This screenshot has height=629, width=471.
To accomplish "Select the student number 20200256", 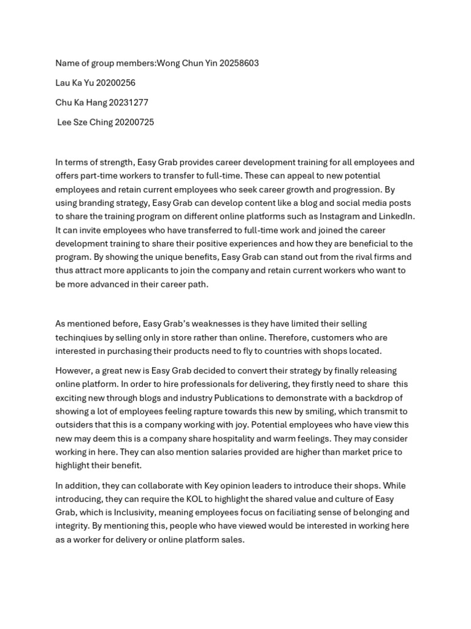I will pos(115,83).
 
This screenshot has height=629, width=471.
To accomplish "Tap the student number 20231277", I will pos(128,103).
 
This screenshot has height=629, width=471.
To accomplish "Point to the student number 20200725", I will pos(134,122).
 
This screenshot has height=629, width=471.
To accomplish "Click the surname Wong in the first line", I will pos(168,63).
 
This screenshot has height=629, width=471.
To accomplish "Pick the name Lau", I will pos(63,83).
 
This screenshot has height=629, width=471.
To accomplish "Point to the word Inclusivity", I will pos(136,512).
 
